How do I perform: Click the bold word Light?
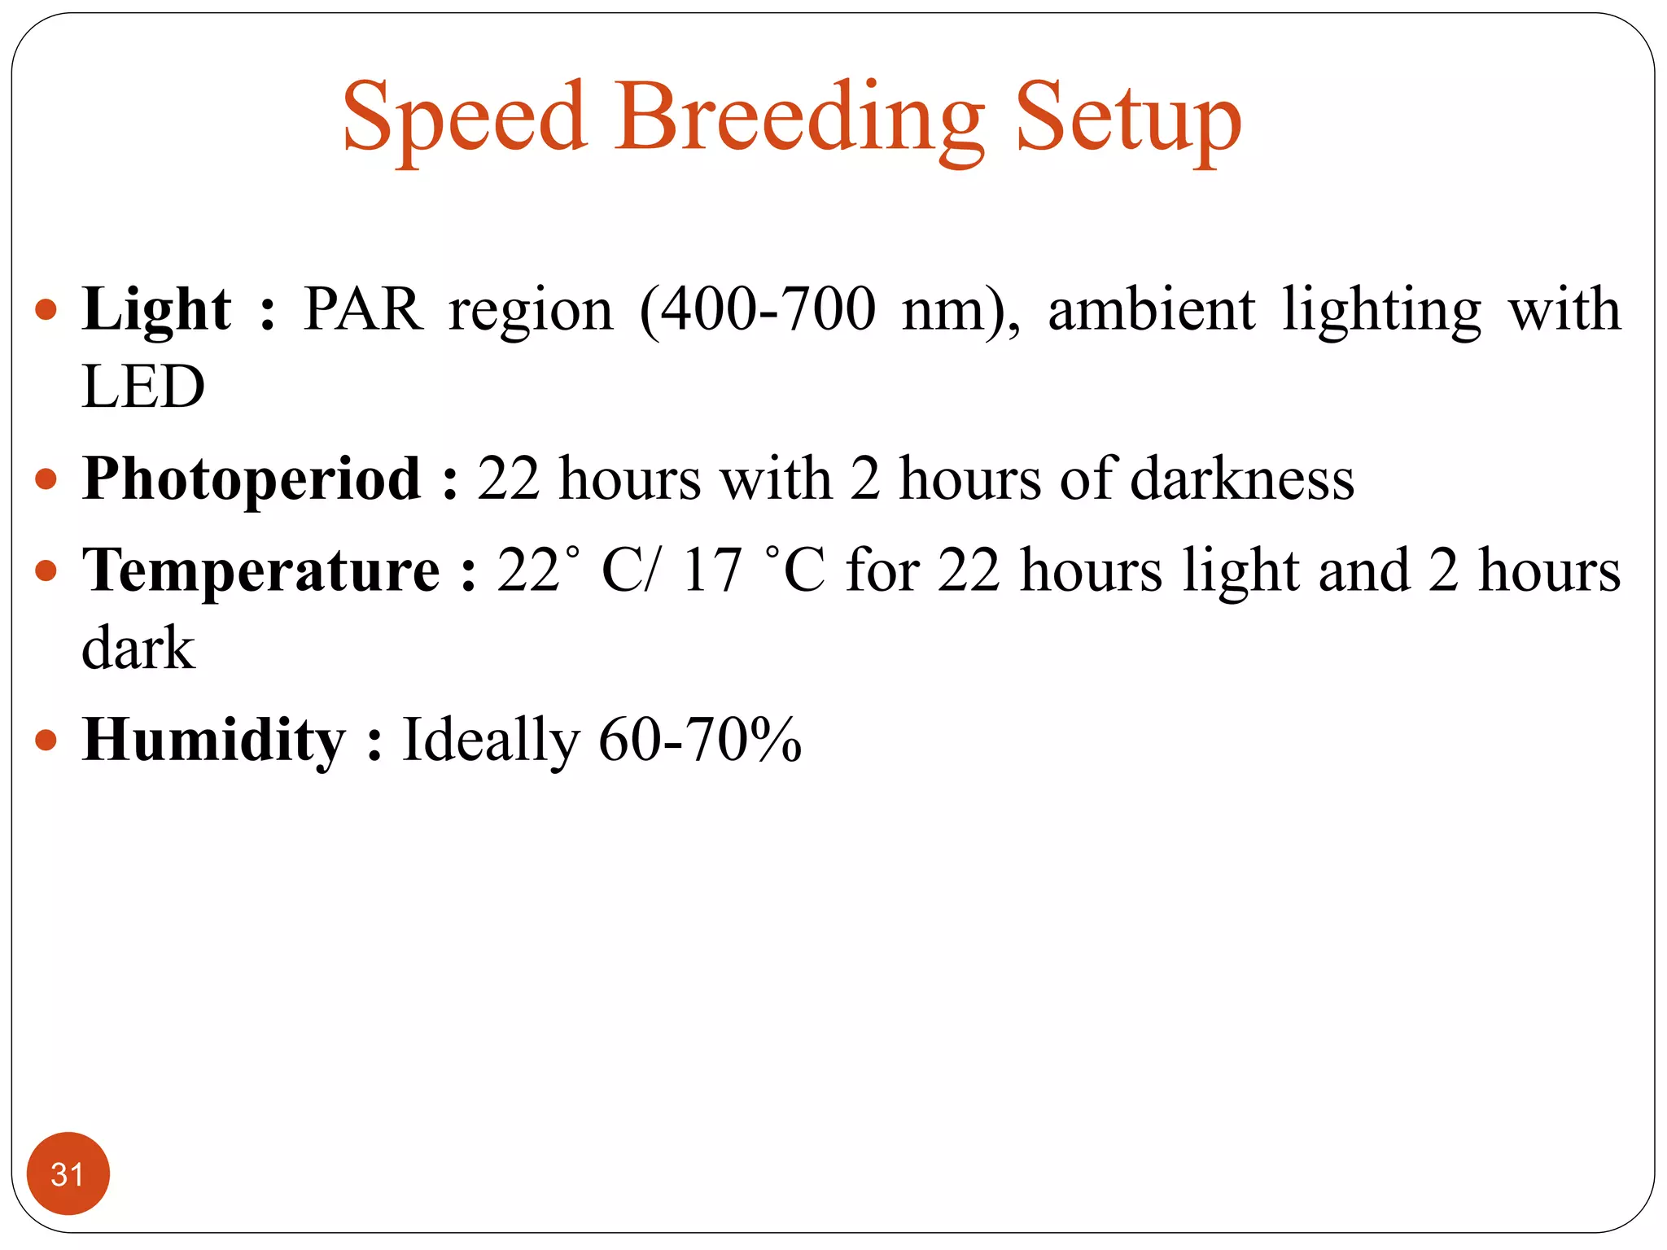coord(156,311)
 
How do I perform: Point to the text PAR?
coord(363,311)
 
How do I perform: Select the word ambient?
coord(1151,311)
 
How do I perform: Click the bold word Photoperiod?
coord(252,480)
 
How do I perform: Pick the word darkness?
coord(1242,480)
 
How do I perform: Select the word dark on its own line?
coord(138,649)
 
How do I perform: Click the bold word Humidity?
coord(214,741)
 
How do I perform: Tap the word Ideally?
coord(491,741)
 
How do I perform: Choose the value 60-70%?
coord(700,741)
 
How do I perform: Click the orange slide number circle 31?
coord(68,1174)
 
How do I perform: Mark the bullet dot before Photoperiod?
coord(46,479)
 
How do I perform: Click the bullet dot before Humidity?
coord(46,741)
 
